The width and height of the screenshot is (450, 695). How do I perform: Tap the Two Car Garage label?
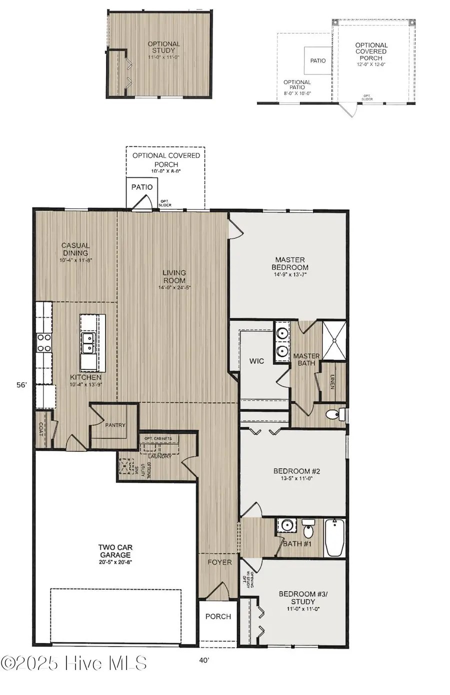click(x=115, y=551)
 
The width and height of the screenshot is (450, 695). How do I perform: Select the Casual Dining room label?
click(x=75, y=249)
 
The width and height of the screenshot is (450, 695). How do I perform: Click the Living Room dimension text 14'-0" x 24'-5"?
click(x=174, y=288)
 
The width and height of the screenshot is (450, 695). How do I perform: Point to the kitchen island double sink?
click(x=89, y=343)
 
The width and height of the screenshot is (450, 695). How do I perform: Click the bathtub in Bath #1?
click(x=334, y=538)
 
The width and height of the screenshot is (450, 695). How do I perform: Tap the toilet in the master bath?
click(x=334, y=414)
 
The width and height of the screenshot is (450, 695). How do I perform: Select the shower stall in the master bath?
click(x=333, y=340)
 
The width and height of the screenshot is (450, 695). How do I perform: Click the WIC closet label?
click(x=256, y=361)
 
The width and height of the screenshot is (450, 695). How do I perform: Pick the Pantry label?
click(x=115, y=425)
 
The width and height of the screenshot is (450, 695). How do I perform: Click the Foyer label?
click(x=220, y=562)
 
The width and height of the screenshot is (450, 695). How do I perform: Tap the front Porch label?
click(x=218, y=617)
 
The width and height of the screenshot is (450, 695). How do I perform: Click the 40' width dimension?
click(x=204, y=660)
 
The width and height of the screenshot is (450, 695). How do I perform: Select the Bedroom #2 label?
click(x=296, y=471)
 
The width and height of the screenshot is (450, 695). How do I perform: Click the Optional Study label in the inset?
click(x=163, y=47)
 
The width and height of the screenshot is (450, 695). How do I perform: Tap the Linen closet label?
click(x=332, y=382)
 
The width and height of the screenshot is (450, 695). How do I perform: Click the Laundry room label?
click(x=160, y=456)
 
